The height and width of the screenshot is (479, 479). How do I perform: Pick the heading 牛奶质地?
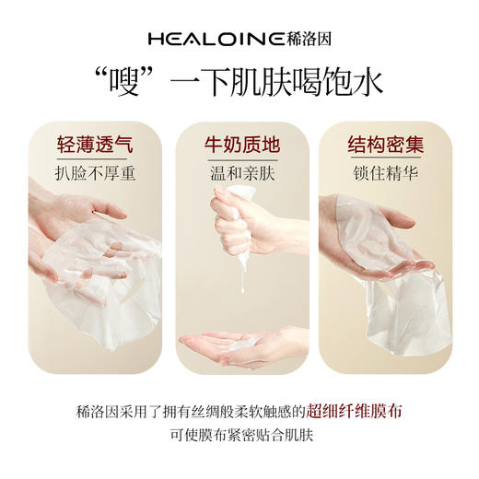click(239, 145)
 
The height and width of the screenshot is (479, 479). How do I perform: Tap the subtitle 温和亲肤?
click(239, 172)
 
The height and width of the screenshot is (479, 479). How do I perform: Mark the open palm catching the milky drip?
click(230, 345)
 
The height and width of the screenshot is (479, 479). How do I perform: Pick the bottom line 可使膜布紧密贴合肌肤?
click(239, 434)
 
